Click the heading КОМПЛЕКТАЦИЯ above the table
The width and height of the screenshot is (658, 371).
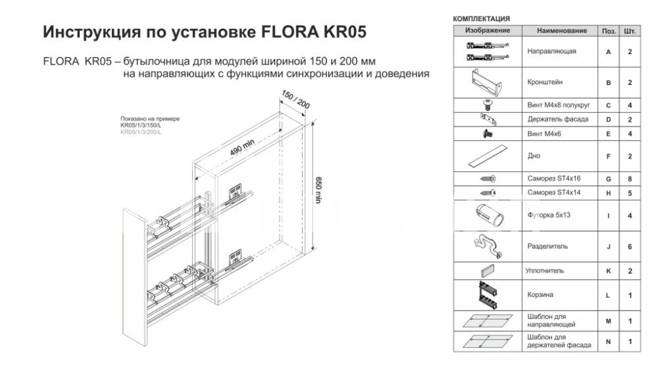[482, 19]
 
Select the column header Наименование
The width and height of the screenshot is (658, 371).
[561, 31]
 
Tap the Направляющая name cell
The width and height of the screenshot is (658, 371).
[551, 51]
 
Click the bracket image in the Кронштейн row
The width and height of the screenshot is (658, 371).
[487, 83]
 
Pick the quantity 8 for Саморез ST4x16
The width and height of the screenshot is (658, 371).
[630, 179]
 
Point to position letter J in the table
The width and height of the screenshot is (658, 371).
[608, 247]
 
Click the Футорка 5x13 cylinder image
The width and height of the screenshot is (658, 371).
[490, 215]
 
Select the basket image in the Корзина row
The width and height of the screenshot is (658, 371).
[488, 295]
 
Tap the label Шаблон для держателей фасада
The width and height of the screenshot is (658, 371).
[559, 341]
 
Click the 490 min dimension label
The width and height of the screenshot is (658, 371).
[242, 148]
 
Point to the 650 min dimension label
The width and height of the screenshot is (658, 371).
[318, 190]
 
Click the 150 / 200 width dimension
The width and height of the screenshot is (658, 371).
[295, 100]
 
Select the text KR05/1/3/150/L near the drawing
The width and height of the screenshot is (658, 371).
[141, 125]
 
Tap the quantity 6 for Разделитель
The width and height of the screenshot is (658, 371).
[630, 247]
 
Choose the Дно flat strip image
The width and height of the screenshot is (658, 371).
[488, 156]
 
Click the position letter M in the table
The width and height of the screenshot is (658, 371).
[608, 322]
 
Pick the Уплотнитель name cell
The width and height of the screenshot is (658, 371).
[545, 271]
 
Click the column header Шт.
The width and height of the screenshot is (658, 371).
[630, 31]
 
